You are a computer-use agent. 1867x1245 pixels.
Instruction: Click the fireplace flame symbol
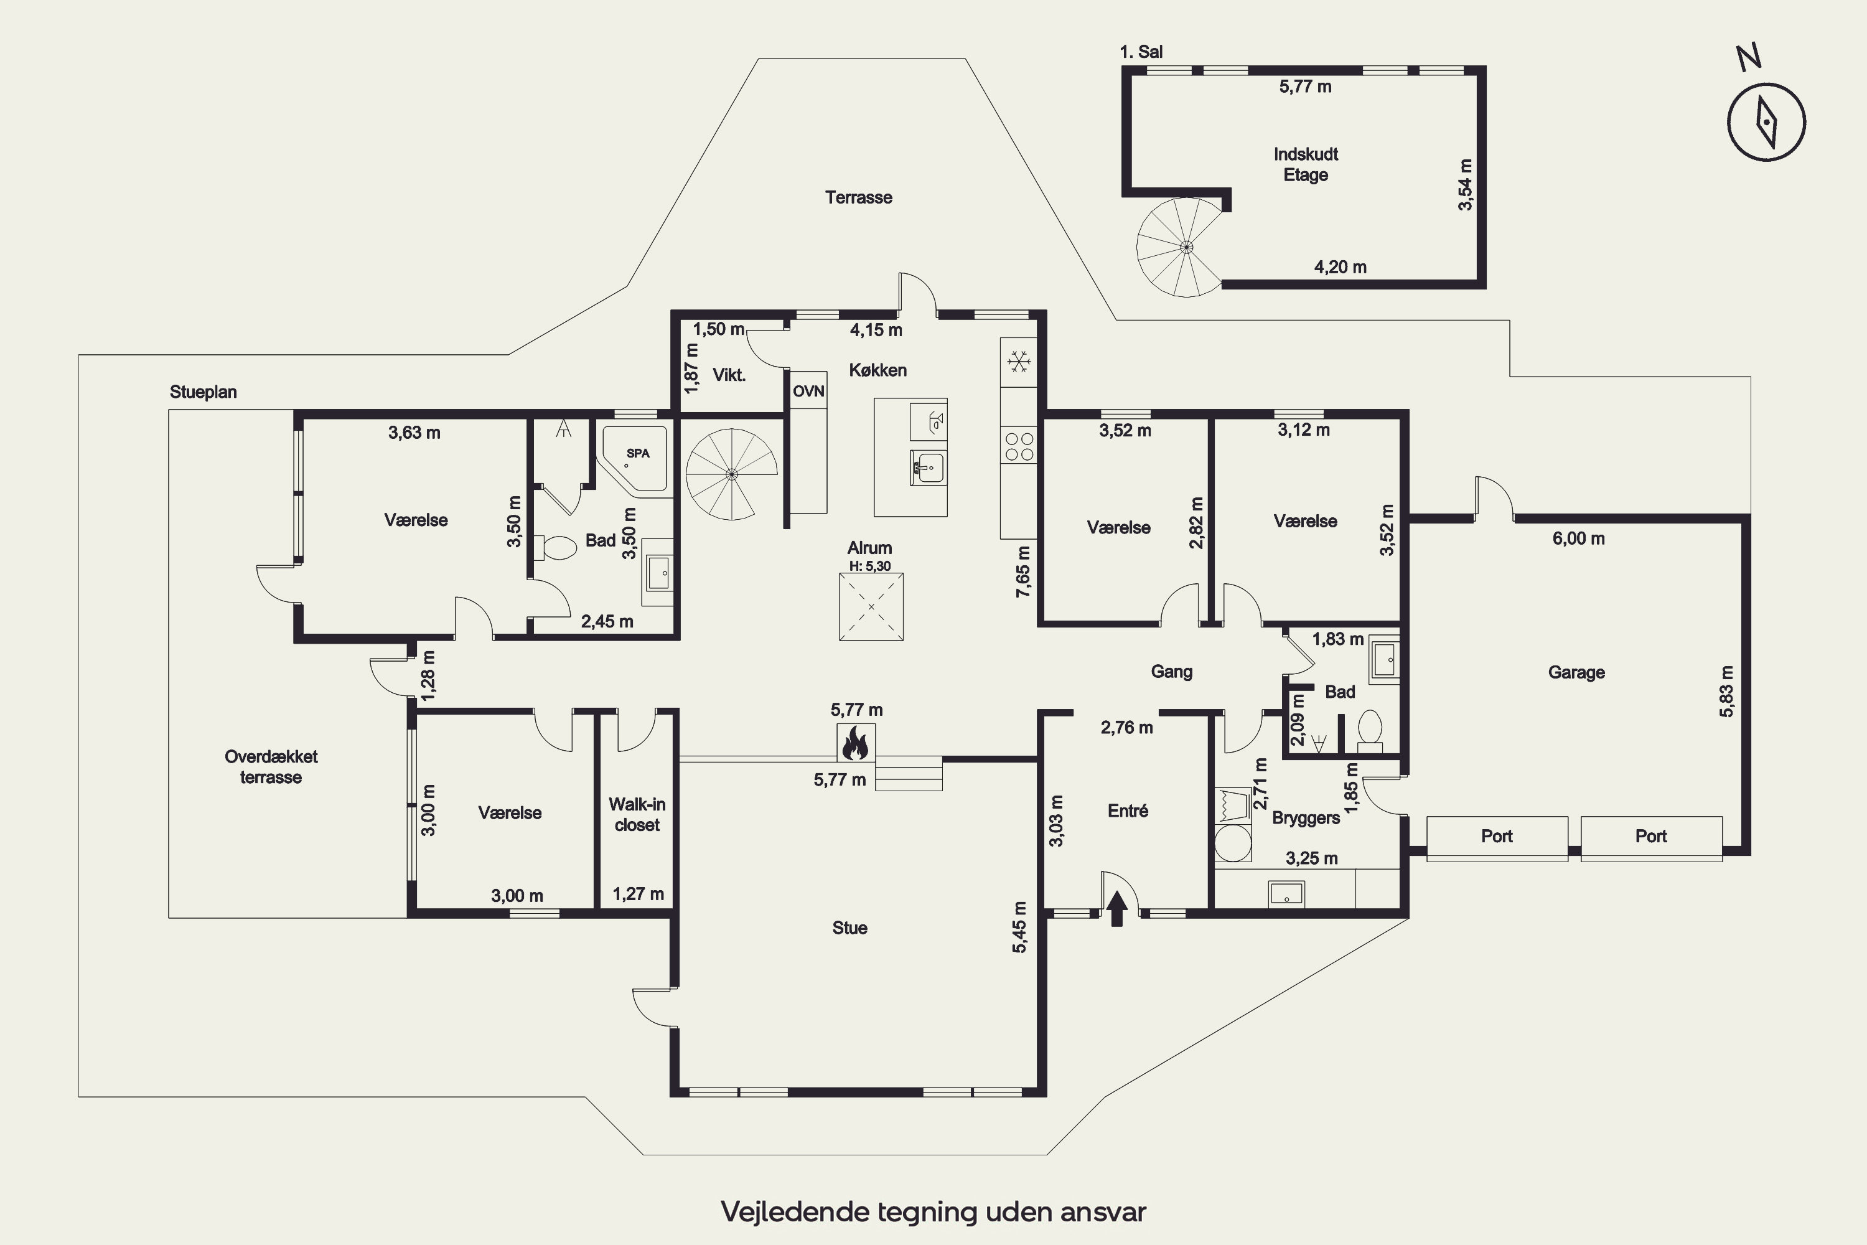(x=855, y=744)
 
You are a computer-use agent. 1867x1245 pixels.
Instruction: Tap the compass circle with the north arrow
(x=1767, y=122)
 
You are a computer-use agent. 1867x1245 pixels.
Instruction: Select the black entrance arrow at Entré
(x=1117, y=909)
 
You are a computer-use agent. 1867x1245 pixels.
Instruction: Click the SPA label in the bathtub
(x=639, y=453)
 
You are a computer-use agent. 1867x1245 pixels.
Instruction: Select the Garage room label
(x=1576, y=672)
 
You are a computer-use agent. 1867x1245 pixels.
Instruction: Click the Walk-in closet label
(x=637, y=815)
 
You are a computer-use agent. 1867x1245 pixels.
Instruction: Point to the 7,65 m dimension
(x=1023, y=571)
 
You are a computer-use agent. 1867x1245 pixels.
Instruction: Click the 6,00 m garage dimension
(x=1579, y=539)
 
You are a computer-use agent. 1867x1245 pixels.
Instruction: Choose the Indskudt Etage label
(x=1306, y=164)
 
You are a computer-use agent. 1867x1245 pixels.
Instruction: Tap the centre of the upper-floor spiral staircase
(x=1186, y=247)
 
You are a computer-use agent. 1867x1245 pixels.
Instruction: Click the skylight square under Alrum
(x=871, y=606)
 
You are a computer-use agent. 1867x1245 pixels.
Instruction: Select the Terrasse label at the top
(x=859, y=198)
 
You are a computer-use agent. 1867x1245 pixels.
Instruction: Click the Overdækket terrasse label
(x=271, y=767)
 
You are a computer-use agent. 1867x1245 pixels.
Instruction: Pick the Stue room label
(x=849, y=928)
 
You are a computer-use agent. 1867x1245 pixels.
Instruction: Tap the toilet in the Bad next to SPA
(x=559, y=548)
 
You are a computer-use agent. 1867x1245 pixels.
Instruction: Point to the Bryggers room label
(x=1306, y=819)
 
